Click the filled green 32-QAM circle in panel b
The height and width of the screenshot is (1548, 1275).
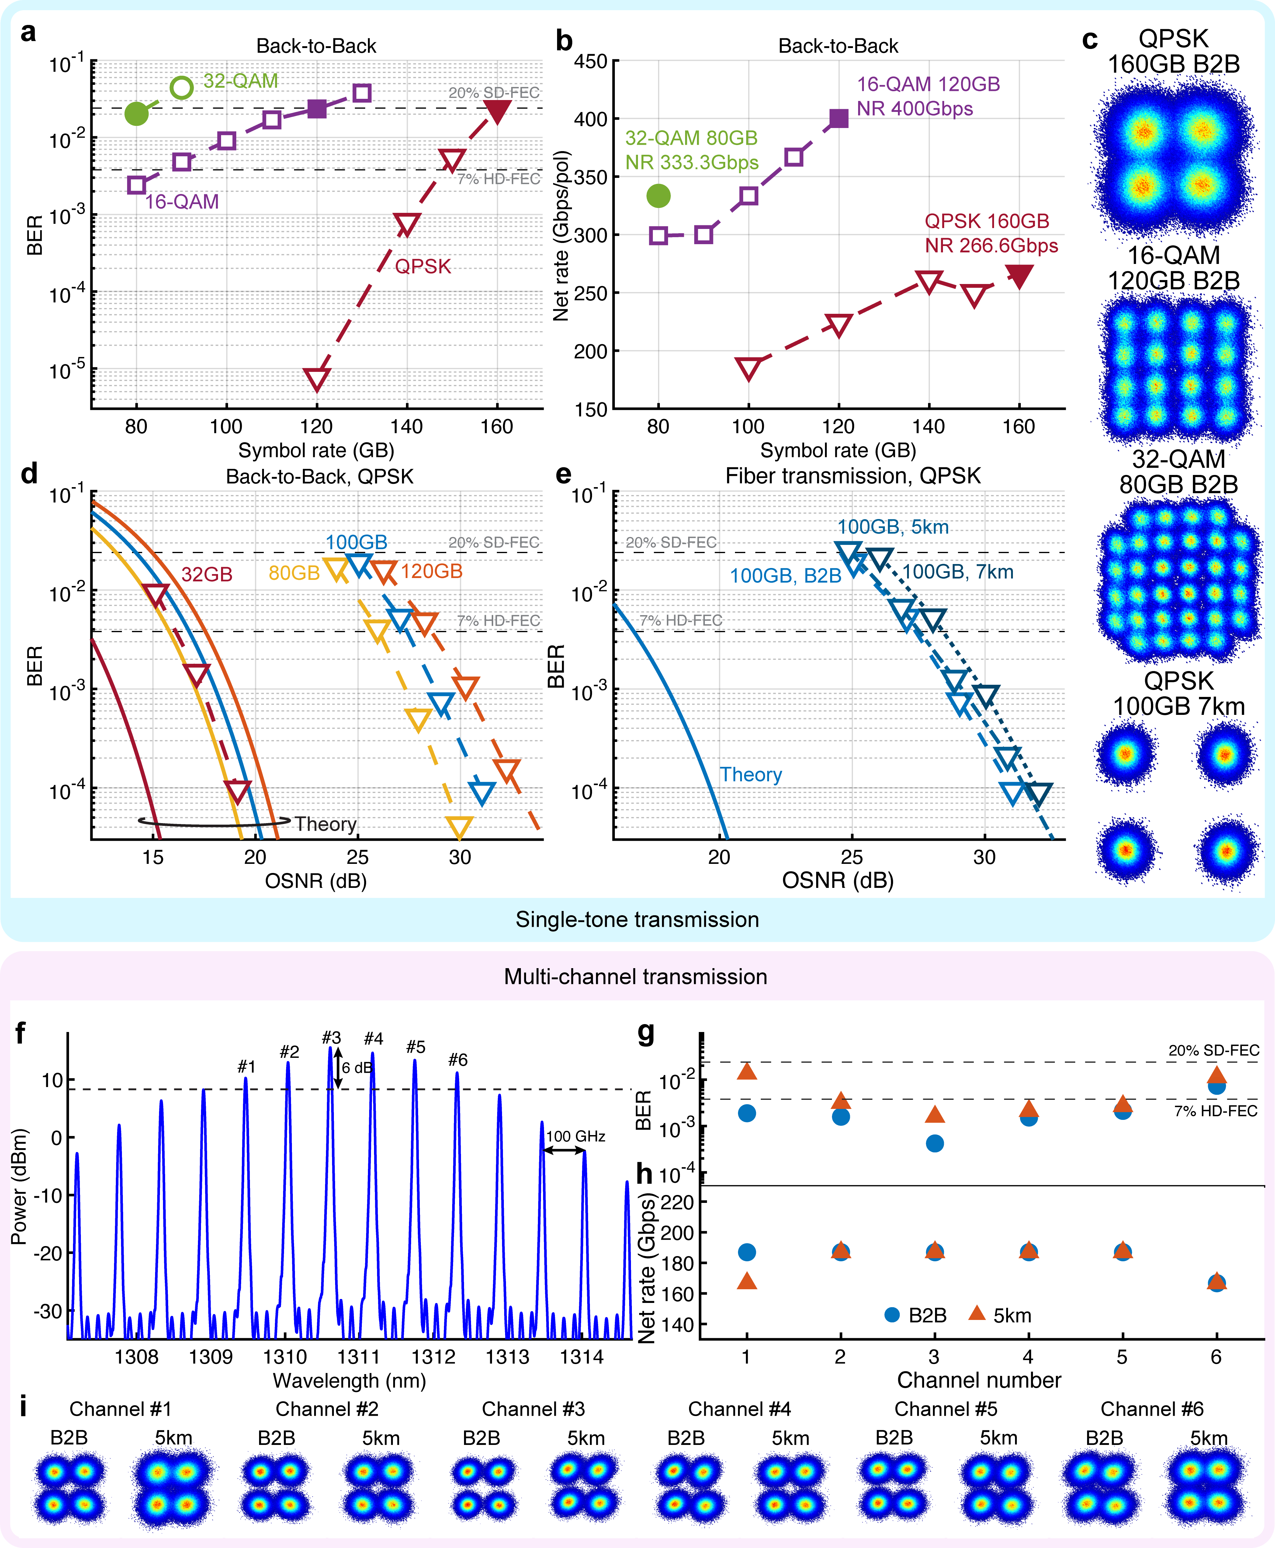(658, 196)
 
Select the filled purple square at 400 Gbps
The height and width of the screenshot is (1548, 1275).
(838, 118)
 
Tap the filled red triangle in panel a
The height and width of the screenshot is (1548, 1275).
(497, 111)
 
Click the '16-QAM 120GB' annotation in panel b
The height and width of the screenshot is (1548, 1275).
(928, 85)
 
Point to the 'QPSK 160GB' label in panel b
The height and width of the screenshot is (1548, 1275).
(986, 221)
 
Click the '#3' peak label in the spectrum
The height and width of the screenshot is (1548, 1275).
(331, 1038)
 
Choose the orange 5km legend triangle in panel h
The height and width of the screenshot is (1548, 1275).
(977, 1313)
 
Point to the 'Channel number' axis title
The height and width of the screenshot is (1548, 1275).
(979, 1380)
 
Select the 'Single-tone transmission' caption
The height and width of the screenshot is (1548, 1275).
(637, 919)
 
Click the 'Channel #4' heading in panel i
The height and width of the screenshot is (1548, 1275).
(739, 1408)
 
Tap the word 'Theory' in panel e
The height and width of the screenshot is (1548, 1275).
(750, 775)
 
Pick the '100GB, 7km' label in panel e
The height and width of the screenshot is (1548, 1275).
(958, 572)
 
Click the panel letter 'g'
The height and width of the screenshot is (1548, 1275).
(646, 1033)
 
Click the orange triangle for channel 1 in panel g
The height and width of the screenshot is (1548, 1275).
(746, 1072)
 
